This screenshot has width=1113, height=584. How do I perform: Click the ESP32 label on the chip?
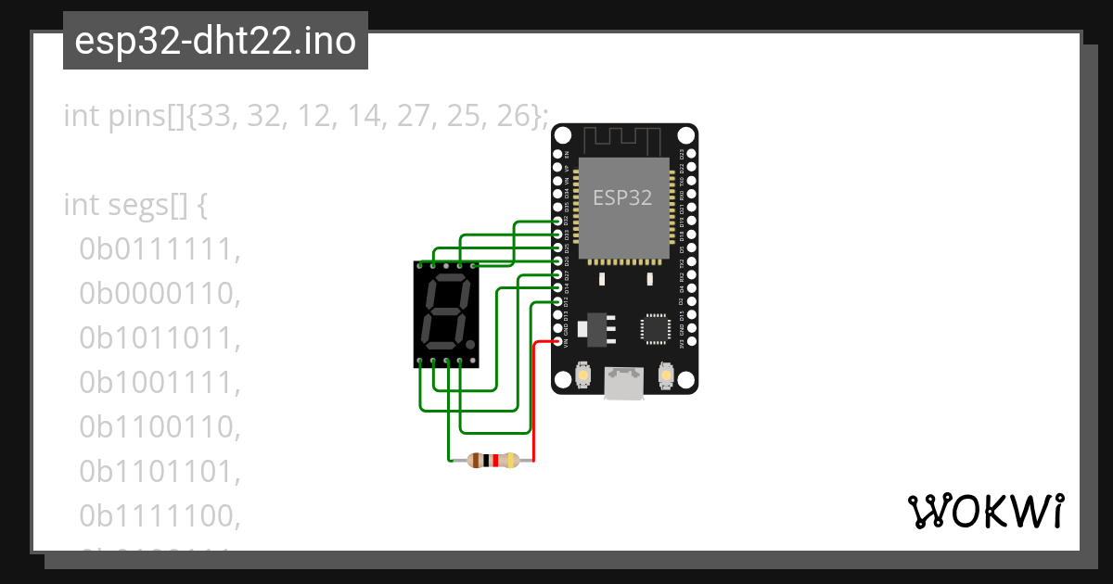[622, 197]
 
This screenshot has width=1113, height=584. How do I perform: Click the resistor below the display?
[493, 460]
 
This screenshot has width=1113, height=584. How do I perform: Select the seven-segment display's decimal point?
[471, 345]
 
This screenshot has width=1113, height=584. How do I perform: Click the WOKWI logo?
[985, 511]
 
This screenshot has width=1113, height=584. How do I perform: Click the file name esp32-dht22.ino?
[215, 42]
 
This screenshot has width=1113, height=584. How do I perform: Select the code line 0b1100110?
[160, 427]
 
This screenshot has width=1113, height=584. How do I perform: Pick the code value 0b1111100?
[160, 516]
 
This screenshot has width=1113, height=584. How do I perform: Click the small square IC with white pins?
[655, 329]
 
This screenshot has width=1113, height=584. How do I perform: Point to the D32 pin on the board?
[557, 222]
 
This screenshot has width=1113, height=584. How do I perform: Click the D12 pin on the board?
[557, 302]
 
